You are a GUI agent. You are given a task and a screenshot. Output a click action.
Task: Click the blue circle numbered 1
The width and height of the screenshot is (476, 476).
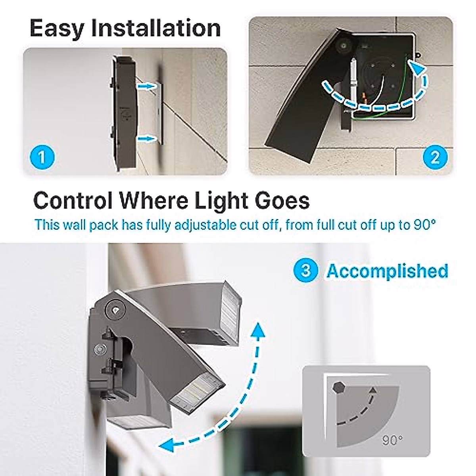[x=42, y=157]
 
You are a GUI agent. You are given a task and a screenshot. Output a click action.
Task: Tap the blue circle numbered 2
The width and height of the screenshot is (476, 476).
[x=435, y=157]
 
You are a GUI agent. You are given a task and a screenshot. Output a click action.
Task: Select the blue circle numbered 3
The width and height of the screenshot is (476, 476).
[x=306, y=271]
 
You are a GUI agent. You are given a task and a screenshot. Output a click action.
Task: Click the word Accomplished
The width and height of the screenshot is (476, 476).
[x=387, y=271]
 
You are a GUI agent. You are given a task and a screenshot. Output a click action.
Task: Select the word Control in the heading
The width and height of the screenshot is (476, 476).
[x=73, y=200]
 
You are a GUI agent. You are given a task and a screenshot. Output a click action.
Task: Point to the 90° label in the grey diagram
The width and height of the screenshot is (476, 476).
[x=392, y=439]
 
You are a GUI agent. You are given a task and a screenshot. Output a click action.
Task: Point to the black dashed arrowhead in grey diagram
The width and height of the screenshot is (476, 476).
[x=372, y=393]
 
